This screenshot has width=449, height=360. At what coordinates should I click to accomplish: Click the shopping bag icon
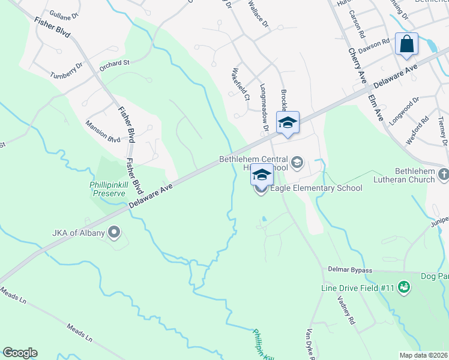(406, 44)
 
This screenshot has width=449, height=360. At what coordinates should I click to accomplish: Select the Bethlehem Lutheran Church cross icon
(443, 174)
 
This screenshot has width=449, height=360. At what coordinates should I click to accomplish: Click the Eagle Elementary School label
(316, 188)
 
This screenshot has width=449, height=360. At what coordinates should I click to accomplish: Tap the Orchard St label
(115, 63)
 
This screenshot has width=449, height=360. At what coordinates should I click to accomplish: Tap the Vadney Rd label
(348, 311)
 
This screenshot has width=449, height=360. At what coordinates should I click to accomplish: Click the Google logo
(20, 353)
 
